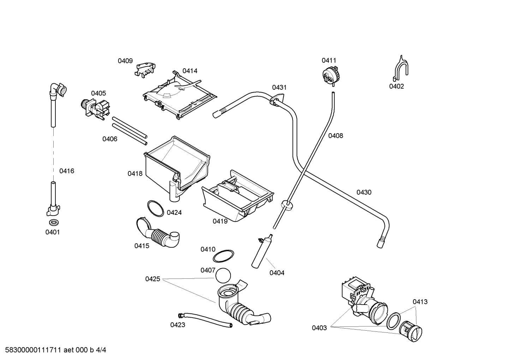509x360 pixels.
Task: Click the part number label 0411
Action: point(329,60)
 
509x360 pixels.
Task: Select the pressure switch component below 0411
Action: point(331,76)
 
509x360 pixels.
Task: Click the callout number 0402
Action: point(396,86)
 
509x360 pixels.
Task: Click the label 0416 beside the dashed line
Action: point(66,171)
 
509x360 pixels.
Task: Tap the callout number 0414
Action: point(190,71)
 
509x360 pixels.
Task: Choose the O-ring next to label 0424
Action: point(155,208)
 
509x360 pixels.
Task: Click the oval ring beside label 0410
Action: point(224,256)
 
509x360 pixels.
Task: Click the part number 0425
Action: point(152,279)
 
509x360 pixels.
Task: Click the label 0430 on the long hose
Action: point(364,193)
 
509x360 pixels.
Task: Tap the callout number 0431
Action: point(279,88)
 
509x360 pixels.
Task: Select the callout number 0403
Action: point(319,328)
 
